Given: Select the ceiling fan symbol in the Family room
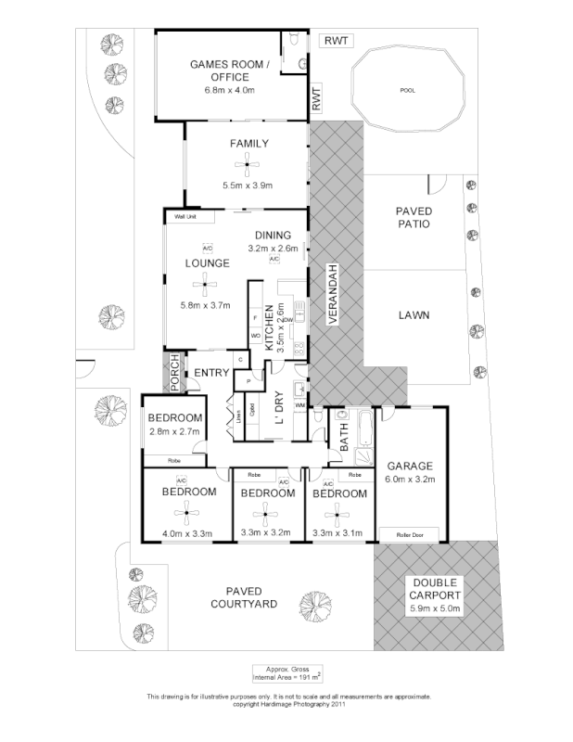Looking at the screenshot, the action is click(x=246, y=166).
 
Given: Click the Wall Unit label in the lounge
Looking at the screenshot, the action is click(x=186, y=217).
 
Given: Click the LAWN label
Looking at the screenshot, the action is click(x=414, y=315).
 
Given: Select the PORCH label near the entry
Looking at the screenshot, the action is click(x=173, y=373).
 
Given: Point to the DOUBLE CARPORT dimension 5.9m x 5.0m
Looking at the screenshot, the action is click(x=436, y=609).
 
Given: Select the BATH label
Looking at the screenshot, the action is click(x=344, y=438).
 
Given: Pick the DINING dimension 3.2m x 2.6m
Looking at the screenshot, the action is click(x=273, y=249).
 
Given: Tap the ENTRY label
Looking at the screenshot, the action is click(x=211, y=373).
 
